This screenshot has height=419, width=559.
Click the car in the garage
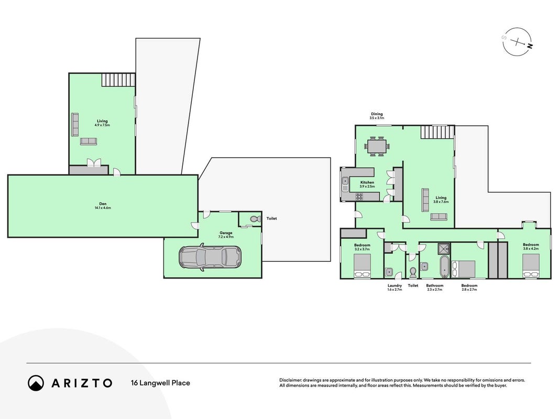[210, 257]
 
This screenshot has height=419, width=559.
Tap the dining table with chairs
[377, 146]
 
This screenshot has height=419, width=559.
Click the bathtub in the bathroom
[444, 266]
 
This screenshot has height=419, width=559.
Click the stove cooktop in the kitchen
[359, 196]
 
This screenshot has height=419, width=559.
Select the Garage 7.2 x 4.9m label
[226, 235]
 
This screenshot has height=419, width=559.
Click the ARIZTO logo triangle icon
[36, 383]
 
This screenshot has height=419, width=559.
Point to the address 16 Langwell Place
[160, 383]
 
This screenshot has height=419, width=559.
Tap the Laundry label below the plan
[394, 285]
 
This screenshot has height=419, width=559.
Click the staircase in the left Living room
[118, 80]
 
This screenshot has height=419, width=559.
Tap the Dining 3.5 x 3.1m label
[377, 116]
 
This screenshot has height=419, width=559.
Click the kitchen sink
[345, 184]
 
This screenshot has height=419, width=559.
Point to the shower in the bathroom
[444, 248]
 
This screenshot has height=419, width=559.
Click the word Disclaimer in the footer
[290, 381]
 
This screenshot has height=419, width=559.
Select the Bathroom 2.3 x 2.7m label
[435, 288]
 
